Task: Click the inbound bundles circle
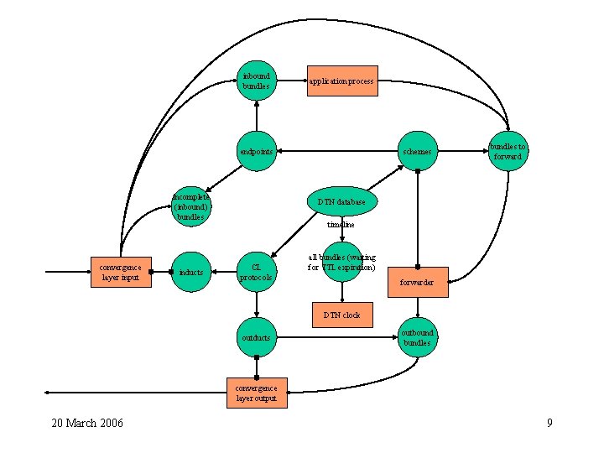[x=257, y=81]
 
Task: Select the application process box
[x=341, y=81]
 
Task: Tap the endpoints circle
[x=257, y=151]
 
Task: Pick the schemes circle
[x=417, y=151]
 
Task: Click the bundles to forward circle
[x=508, y=151]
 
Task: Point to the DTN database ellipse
[x=341, y=201]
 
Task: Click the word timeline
[x=341, y=225]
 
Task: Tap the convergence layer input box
[x=121, y=272]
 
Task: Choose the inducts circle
[x=190, y=272]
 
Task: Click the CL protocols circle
[x=257, y=272]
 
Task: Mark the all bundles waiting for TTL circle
[x=341, y=262]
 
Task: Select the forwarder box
[x=417, y=282]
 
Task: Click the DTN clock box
[x=341, y=315]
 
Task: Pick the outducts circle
[x=257, y=337]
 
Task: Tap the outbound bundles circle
[x=417, y=337]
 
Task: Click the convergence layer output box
[x=256, y=393]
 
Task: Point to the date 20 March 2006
[x=87, y=423]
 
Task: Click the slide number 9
[x=549, y=423]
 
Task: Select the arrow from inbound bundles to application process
[x=291, y=81]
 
